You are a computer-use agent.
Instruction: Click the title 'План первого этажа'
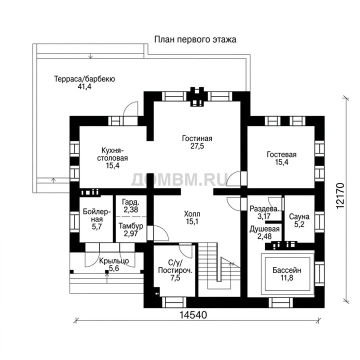tap(195, 39)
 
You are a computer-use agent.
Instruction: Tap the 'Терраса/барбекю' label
tap(84, 79)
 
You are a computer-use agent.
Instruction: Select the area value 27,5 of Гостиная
tap(197, 146)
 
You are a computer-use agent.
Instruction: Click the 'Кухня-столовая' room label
tap(112, 154)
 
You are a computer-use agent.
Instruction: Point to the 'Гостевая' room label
tap(281, 154)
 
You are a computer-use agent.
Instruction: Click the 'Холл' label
tap(192, 214)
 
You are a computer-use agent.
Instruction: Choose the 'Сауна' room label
tap(299, 216)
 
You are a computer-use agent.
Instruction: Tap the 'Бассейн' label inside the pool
tap(287, 270)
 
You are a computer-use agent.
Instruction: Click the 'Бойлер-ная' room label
tap(97, 215)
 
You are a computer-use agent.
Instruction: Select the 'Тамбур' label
tap(131, 226)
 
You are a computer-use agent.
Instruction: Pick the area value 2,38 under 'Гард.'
tap(131, 209)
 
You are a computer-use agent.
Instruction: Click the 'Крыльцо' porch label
tap(114, 261)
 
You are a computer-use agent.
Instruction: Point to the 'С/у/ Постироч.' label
tap(175, 266)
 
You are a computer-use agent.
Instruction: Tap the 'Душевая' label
tap(264, 229)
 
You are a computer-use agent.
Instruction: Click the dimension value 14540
tap(193, 315)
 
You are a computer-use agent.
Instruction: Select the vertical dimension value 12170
tap(340, 195)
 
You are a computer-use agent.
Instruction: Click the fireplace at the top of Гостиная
tap(197, 96)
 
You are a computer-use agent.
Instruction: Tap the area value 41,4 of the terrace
tap(84, 86)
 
